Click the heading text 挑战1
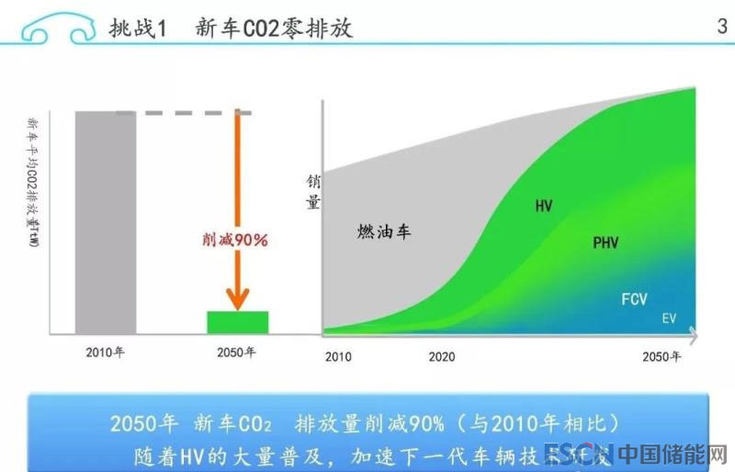coord(137,28)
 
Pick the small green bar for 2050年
coord(237,322)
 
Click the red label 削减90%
coord(234,240)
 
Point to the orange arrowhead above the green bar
coord(238,298)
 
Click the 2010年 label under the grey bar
coord(105,352)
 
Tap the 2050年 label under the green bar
coord(237,352)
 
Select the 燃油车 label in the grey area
coord(384,231)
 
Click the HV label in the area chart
coord(544,207)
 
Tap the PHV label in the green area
coord(605,243)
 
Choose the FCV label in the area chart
coord(635,299)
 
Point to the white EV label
coord(669,319)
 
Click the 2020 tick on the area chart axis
coord(442,356)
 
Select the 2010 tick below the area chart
coord(338,356)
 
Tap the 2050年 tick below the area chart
coord(661,356)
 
